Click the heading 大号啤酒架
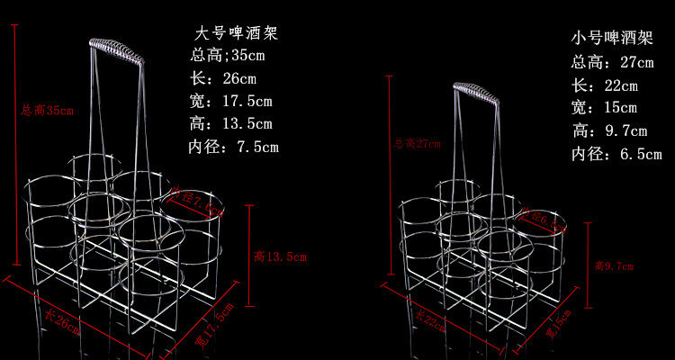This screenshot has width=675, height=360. click(x=236, y=34)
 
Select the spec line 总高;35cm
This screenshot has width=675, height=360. click(x=229, y=55)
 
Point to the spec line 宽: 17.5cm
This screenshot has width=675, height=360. click(x=231, y=101)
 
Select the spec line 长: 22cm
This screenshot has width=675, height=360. click(x=604, y=85)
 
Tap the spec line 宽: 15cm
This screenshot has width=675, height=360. click(x=604, y=108)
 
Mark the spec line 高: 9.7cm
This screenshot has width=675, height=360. click(x=609, y=131)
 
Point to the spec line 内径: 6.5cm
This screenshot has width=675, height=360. click(x=616, y=154)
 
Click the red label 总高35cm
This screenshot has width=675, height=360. click(x=46, y=111)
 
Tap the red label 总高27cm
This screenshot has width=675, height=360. click(x=418, y=143)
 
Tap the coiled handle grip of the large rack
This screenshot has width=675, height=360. click(x=116, y=50)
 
